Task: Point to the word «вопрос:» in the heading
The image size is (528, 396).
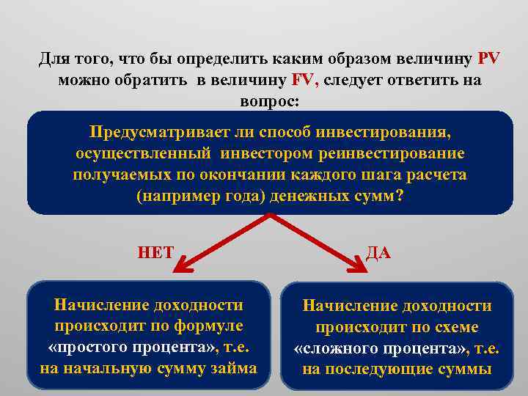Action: (269, 101)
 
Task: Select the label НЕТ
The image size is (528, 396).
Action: (155, 253)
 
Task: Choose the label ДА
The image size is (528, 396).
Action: (378, 253)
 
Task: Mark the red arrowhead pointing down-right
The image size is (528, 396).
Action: (359, 267)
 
